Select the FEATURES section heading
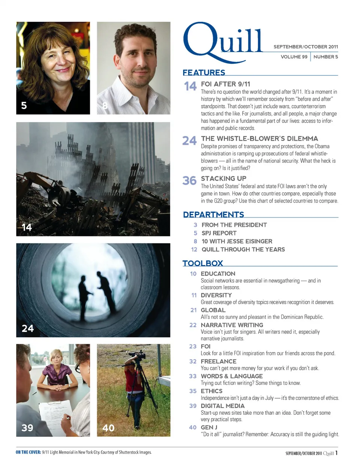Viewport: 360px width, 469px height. [x=204, y=72]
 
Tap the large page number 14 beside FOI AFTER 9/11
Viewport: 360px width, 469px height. [x=190, y=86]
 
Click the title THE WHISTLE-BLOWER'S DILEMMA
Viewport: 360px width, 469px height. [x=259, y=139]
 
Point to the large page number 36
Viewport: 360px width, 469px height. [x=189, y=181]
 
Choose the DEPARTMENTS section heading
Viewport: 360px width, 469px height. [x=213, y=214]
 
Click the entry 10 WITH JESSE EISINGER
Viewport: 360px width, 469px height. [x=237, y=241]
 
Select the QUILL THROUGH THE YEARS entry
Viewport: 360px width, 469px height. [x=243, y=250]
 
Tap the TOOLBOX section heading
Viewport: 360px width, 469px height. [x=202, y=263]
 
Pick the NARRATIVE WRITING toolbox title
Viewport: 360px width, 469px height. [x=232, y=325]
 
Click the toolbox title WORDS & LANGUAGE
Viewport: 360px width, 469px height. [x=231, y=376]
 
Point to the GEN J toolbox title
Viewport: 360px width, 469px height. [x=209, y=427]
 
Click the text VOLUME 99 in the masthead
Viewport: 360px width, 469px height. [x=294, y=57]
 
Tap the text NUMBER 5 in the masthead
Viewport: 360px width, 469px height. [x=325, y=57]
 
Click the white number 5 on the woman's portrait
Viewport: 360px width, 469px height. [x=24, y=105]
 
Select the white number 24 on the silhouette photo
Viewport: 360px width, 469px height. [x=27, y=328]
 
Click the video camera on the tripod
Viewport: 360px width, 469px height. [x=137, y=355]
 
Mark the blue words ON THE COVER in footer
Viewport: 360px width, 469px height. [x=28, y=453]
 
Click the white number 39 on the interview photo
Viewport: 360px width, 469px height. [x=27, y=428]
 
